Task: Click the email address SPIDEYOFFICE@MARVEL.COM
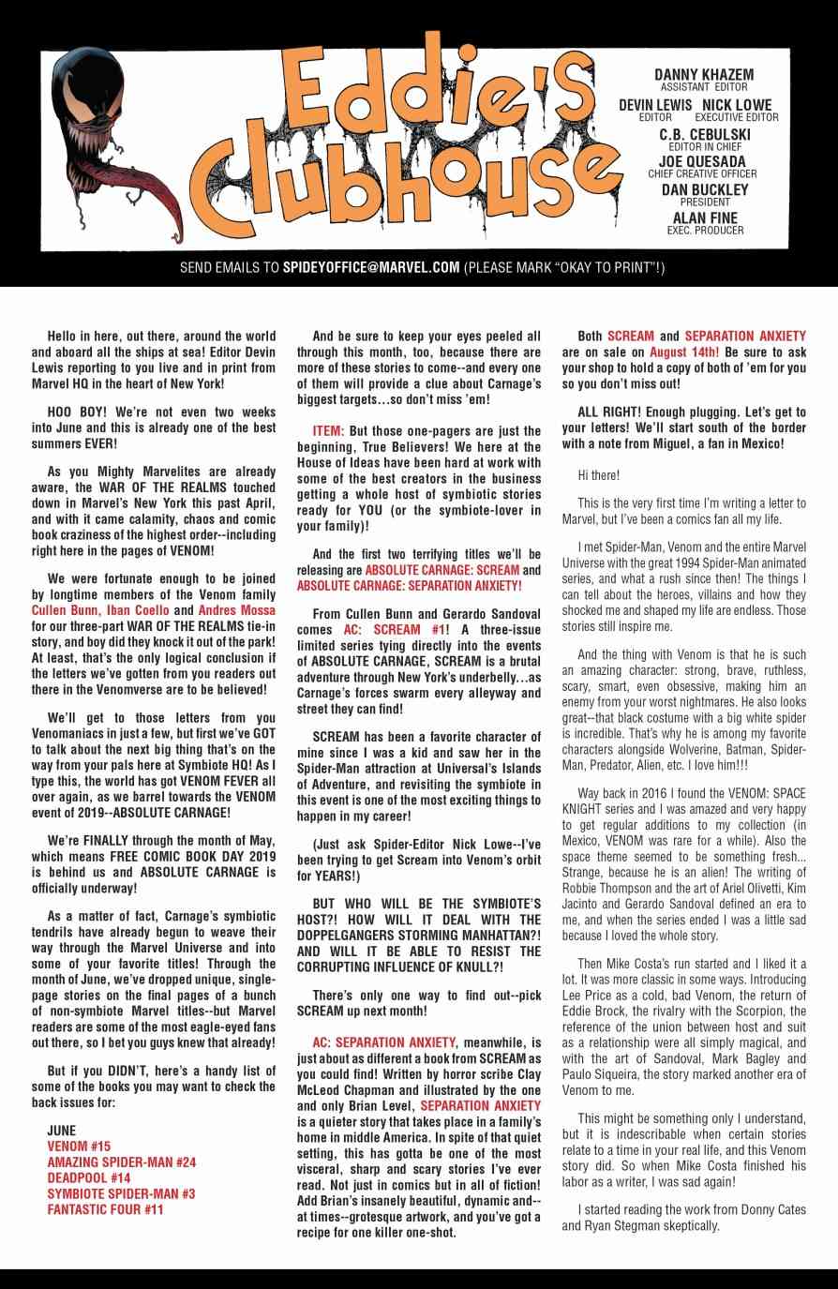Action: (x=370, y=267)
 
